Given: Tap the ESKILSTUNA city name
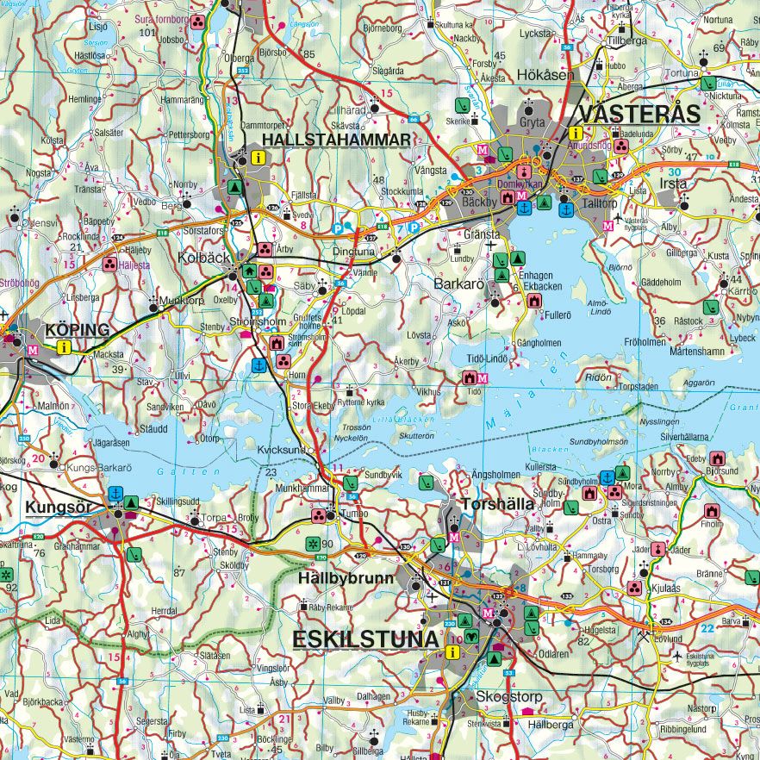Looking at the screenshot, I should (x=365, y=639).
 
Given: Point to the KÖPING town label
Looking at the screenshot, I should (x=78, y=329).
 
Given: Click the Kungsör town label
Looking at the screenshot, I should (x=58, y=507).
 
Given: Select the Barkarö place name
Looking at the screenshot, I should (x=460, y=281).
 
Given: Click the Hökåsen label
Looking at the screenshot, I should (x=545, y=75).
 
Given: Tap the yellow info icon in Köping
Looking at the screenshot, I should (x=62, y=347).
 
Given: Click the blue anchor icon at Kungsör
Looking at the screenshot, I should (x=115, y=494).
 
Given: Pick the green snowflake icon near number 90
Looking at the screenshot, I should (x=311, y=544).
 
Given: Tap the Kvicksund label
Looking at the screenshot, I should (x=281, y=450).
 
